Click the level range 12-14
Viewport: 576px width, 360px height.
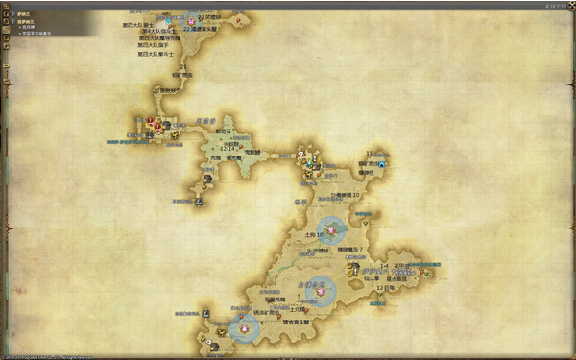(228, 149)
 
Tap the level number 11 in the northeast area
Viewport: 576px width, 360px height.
(369, 153)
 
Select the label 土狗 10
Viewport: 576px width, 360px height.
(316, 233)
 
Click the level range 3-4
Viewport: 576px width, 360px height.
(383, 266)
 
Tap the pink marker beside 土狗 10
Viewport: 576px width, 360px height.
(333, 228)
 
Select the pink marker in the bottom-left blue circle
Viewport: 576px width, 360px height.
(245, 327)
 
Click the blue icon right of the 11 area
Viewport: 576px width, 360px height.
(381, 165)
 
